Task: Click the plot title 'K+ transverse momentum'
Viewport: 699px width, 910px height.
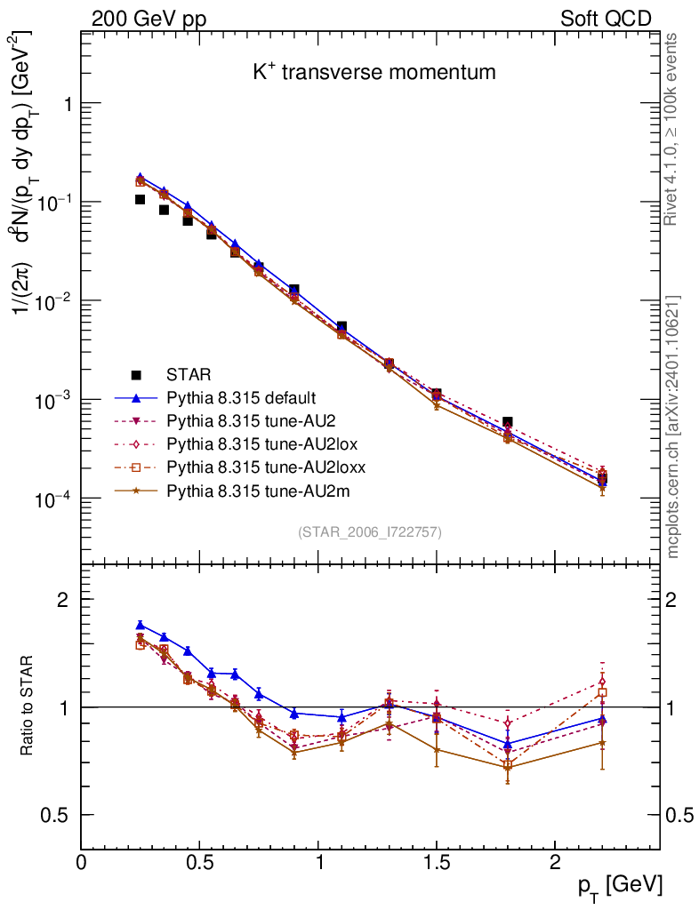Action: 374,73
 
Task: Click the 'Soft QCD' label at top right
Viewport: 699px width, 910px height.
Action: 606,19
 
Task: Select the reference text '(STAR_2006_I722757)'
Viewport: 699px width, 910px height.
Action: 370,532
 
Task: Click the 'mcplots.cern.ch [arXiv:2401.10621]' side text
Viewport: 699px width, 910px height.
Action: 674,427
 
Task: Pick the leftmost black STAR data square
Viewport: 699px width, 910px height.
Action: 140,199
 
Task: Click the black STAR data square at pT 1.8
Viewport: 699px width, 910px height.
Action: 507,422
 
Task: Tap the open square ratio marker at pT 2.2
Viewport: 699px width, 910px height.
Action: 602,692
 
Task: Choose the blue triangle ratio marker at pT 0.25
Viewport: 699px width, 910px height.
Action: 140,625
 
